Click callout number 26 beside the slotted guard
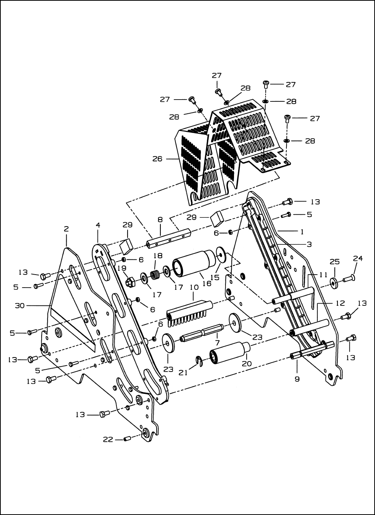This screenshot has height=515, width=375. [157, 159]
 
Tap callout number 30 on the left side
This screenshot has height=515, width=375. [20, 305]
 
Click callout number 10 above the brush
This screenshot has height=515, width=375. [194, 287]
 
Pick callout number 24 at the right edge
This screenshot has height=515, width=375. [358, 258]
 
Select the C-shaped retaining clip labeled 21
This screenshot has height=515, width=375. [199, 362]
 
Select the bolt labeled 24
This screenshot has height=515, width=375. [349, 279]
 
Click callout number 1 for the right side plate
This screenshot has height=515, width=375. [302, 232]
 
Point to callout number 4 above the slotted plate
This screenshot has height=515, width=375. [98, 225]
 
